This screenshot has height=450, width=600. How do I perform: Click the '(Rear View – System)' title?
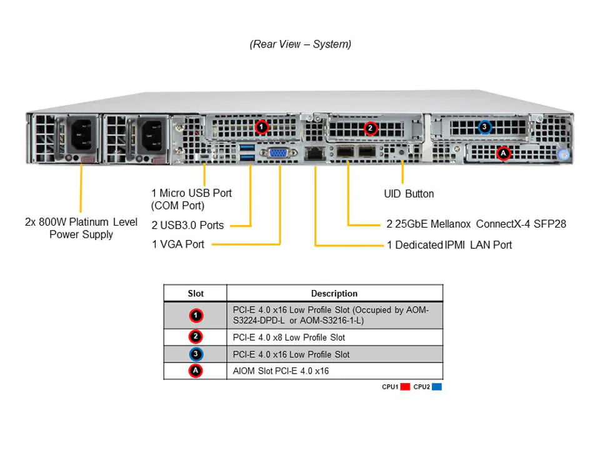(300, 44)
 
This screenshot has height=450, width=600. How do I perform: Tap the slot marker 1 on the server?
(262, 127)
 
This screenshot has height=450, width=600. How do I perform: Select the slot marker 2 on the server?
(370, 128)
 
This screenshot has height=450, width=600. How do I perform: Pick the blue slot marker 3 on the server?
(484, 127)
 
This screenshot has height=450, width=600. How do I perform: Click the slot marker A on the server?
(504, 152)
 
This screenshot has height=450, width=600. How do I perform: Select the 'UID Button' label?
(409, 194)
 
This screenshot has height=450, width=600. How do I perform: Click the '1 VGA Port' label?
(178, 244)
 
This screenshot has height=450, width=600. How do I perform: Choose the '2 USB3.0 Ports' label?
(187, 225)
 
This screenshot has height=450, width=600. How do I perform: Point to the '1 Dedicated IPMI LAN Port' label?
(449, 244)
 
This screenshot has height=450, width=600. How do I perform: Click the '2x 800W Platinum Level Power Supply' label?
(81, 228)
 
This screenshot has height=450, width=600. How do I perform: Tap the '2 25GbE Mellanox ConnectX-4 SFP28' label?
(476, 223)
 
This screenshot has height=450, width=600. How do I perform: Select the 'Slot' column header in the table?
(196, 293)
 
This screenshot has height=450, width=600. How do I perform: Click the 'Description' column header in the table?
(334, 293)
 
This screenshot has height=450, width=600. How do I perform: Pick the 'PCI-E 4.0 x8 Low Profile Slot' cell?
(288, 337)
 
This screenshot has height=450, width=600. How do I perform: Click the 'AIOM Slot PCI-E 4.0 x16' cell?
(280, 371)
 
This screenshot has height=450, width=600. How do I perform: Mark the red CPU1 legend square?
(404, 387)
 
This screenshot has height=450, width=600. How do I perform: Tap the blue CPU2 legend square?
(437, 387)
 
